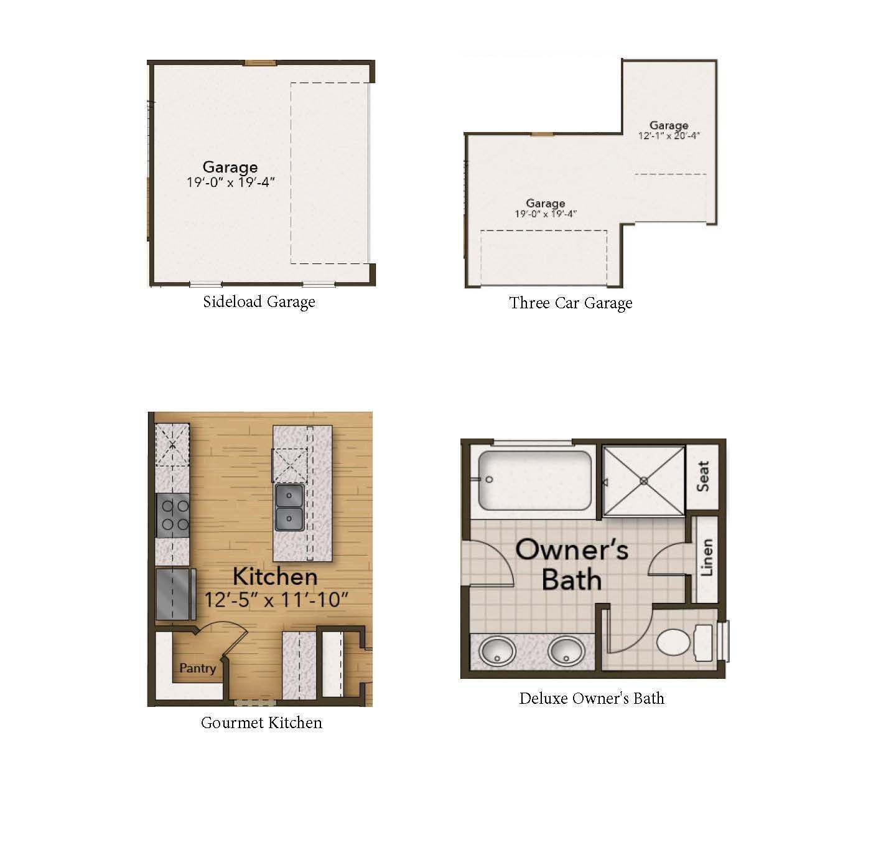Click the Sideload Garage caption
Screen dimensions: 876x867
259,302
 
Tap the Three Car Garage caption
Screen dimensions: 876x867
571,303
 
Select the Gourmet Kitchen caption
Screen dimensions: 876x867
261,722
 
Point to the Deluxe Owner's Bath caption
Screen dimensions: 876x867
592,698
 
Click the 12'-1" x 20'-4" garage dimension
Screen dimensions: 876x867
669,136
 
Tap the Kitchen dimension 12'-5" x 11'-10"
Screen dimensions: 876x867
276,600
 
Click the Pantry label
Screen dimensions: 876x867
197,668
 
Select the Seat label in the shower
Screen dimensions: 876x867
703,476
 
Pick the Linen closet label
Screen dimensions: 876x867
707,557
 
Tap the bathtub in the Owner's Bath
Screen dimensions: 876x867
535,481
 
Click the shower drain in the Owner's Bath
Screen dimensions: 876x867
644,481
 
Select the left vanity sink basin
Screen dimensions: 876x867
498,651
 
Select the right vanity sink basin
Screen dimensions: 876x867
566,651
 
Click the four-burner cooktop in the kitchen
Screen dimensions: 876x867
173,515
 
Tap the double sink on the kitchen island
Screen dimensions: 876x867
289,508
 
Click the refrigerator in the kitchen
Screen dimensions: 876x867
175,594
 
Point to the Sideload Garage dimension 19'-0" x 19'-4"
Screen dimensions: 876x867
231,182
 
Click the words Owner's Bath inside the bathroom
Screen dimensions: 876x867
572,564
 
